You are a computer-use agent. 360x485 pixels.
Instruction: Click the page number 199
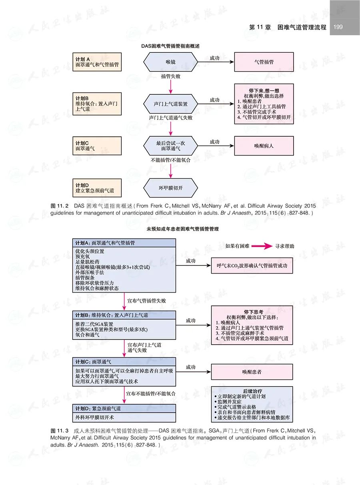(x=338, y=27)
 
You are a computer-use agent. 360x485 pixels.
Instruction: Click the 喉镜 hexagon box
(x=171, y=62)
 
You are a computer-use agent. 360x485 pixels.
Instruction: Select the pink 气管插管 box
(x=264, y=62)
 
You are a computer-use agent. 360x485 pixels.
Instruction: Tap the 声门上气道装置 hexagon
(x=171, y=104)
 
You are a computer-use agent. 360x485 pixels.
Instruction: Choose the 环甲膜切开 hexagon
(x=171, y=188)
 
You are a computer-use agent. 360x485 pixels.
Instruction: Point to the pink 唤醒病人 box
(x=264, y=146)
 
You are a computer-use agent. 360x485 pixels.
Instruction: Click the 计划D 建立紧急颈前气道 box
(x=96, y=188)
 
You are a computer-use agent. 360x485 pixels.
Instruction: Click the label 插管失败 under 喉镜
(x=171, y=76)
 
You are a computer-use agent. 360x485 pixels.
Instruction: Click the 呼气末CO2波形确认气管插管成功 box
(x=252, y=265)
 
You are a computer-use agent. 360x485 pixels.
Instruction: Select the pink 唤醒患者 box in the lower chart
(x=252, y=371)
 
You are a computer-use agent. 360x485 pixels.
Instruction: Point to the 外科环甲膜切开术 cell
(x=124, y=417)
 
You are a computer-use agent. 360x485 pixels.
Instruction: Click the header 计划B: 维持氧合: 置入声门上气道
(x=124, y=315)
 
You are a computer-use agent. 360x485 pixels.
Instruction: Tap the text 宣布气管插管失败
(x=146, y=300)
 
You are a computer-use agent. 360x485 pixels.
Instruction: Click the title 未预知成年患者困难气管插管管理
(x=180, y=229)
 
